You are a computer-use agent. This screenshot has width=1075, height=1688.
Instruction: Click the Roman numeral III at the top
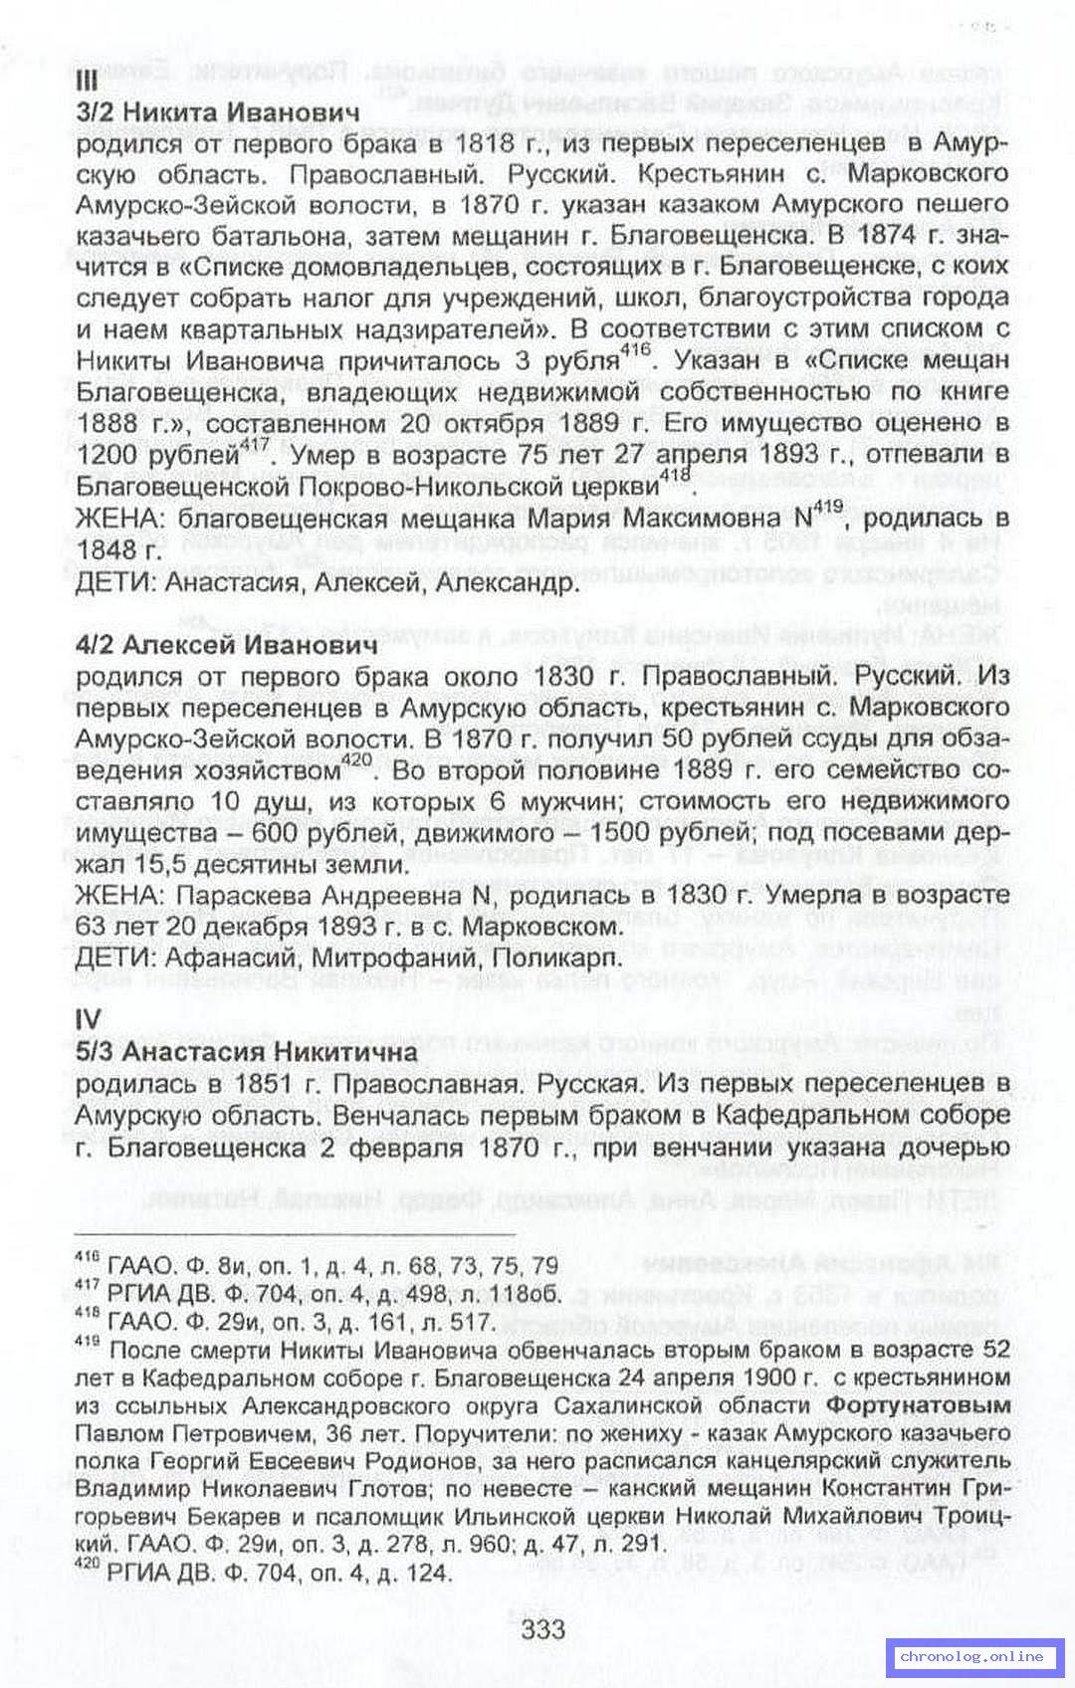point(87,81)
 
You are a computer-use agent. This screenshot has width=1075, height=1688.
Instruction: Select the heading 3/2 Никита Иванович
point(218,111)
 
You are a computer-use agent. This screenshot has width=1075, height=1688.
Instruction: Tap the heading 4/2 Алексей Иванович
point(227,644)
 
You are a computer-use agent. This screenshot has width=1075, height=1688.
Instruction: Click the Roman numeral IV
point(89,1019)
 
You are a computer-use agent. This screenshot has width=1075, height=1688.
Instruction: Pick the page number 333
point(542,1628)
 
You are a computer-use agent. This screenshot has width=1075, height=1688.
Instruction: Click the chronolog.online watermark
point(971,1655)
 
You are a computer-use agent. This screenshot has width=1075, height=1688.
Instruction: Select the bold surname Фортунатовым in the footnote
point(919,1405)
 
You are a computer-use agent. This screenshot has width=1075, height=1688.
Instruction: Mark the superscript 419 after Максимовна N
point(827,509)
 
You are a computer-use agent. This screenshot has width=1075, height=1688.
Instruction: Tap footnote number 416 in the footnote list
point(87,1258)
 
